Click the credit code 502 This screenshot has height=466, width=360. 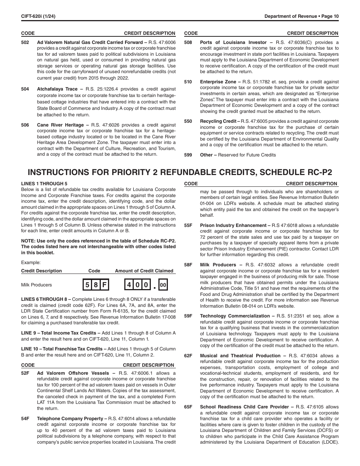(x=25, y=42)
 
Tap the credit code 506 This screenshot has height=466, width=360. (x=25, y=125)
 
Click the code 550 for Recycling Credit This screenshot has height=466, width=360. (x=188, y=121)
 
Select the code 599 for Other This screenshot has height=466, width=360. (x=188, y=155)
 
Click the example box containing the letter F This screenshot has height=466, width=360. (x=105, y=285)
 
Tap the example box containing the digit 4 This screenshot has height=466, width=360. (x=129, y=285)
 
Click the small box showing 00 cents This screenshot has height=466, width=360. (x=163, y=285)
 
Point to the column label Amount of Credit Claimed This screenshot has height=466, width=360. (x=144, y=271)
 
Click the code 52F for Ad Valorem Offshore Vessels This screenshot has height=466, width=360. (x=25, y=373)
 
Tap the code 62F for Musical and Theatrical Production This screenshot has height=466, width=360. (x=188, y=356)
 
